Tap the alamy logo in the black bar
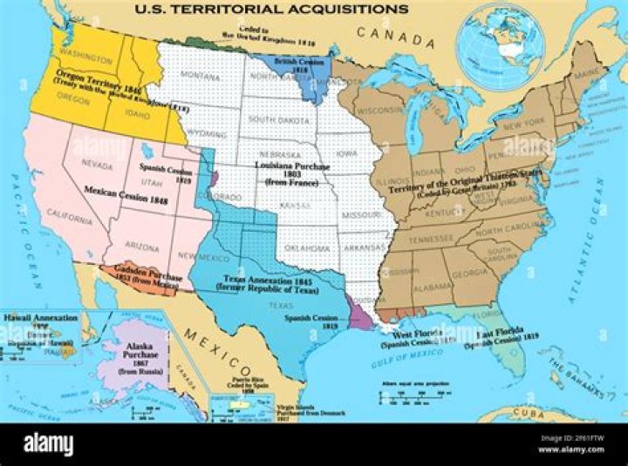tap(49, 444)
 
